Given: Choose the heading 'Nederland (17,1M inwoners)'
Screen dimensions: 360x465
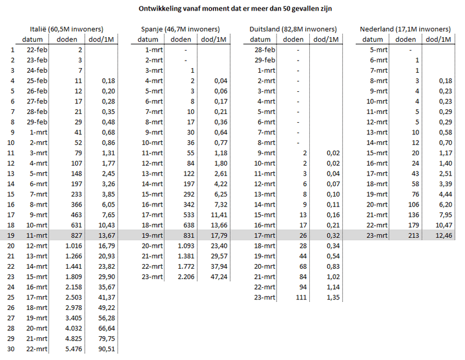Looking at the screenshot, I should tap(405, 29).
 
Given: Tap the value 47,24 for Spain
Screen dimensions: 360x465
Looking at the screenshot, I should tap(217, 277).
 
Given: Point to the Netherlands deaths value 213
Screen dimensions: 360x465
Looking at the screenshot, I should tap(412, 235).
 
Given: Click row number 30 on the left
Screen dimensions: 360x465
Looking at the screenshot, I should tap(12, 350).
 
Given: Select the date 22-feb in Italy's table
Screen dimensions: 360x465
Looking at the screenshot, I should tap(38, 50).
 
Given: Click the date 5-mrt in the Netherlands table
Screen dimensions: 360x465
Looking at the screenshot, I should tap(379, 50).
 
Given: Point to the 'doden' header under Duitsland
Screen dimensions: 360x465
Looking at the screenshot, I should tap(293, 40).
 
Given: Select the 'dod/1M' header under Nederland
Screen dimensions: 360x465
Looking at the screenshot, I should tap(438, 40).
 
